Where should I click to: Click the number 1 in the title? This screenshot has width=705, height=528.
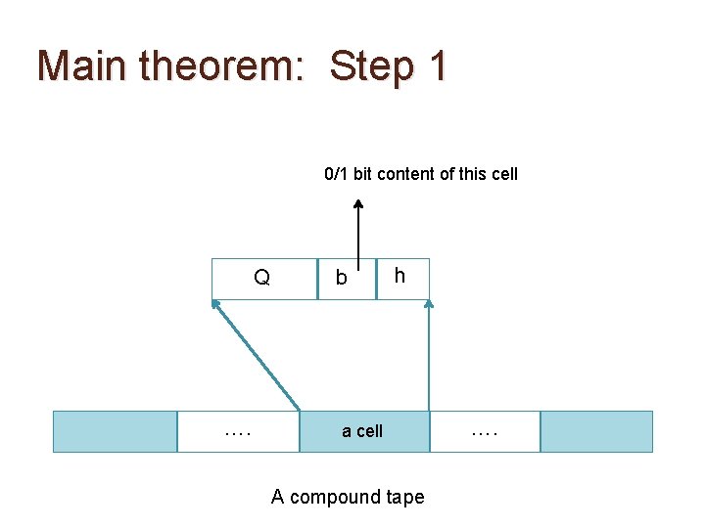[438, 66]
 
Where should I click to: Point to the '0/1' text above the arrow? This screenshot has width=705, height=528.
[336, 174]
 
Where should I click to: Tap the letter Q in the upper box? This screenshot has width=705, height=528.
[261, 278]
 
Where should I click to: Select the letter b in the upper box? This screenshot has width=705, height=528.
[341, 279]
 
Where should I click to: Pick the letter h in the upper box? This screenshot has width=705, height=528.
[399, 276]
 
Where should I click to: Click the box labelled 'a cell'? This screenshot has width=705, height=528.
[363, 431]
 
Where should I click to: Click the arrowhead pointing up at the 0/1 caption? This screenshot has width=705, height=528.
[358, 205]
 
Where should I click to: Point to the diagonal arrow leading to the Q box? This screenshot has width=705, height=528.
[257, 354]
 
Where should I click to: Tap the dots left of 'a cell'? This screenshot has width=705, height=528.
[237, 431]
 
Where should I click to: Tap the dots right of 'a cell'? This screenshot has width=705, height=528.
[485, 431]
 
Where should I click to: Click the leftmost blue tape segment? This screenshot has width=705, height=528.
[114, 431]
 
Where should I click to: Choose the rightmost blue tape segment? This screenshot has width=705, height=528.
[596, 431]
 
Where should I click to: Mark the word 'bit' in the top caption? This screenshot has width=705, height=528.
[362, 174]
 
